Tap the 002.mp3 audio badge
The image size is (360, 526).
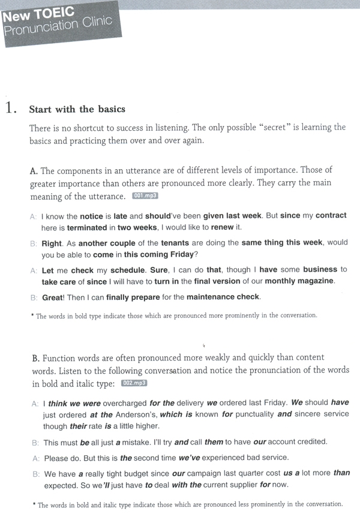134,383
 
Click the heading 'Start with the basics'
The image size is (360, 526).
77,109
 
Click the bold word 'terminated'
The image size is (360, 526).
86,228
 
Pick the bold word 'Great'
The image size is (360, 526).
54,297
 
